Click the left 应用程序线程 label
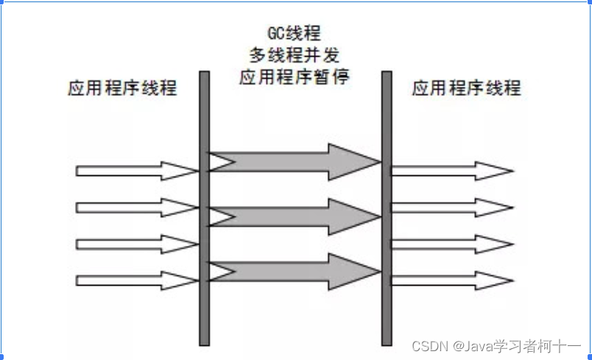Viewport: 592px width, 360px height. (x=122, y=89)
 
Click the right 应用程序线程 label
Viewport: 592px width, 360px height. (x=466, y=89)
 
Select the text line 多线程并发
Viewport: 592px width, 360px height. (x=294, y=55)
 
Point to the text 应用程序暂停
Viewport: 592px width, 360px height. (x=294, y=77)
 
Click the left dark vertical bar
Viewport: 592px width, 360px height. (x=205, y=206)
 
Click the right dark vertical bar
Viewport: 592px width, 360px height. (x=387, y=206)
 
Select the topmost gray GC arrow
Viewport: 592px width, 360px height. (x=295, y=162)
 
